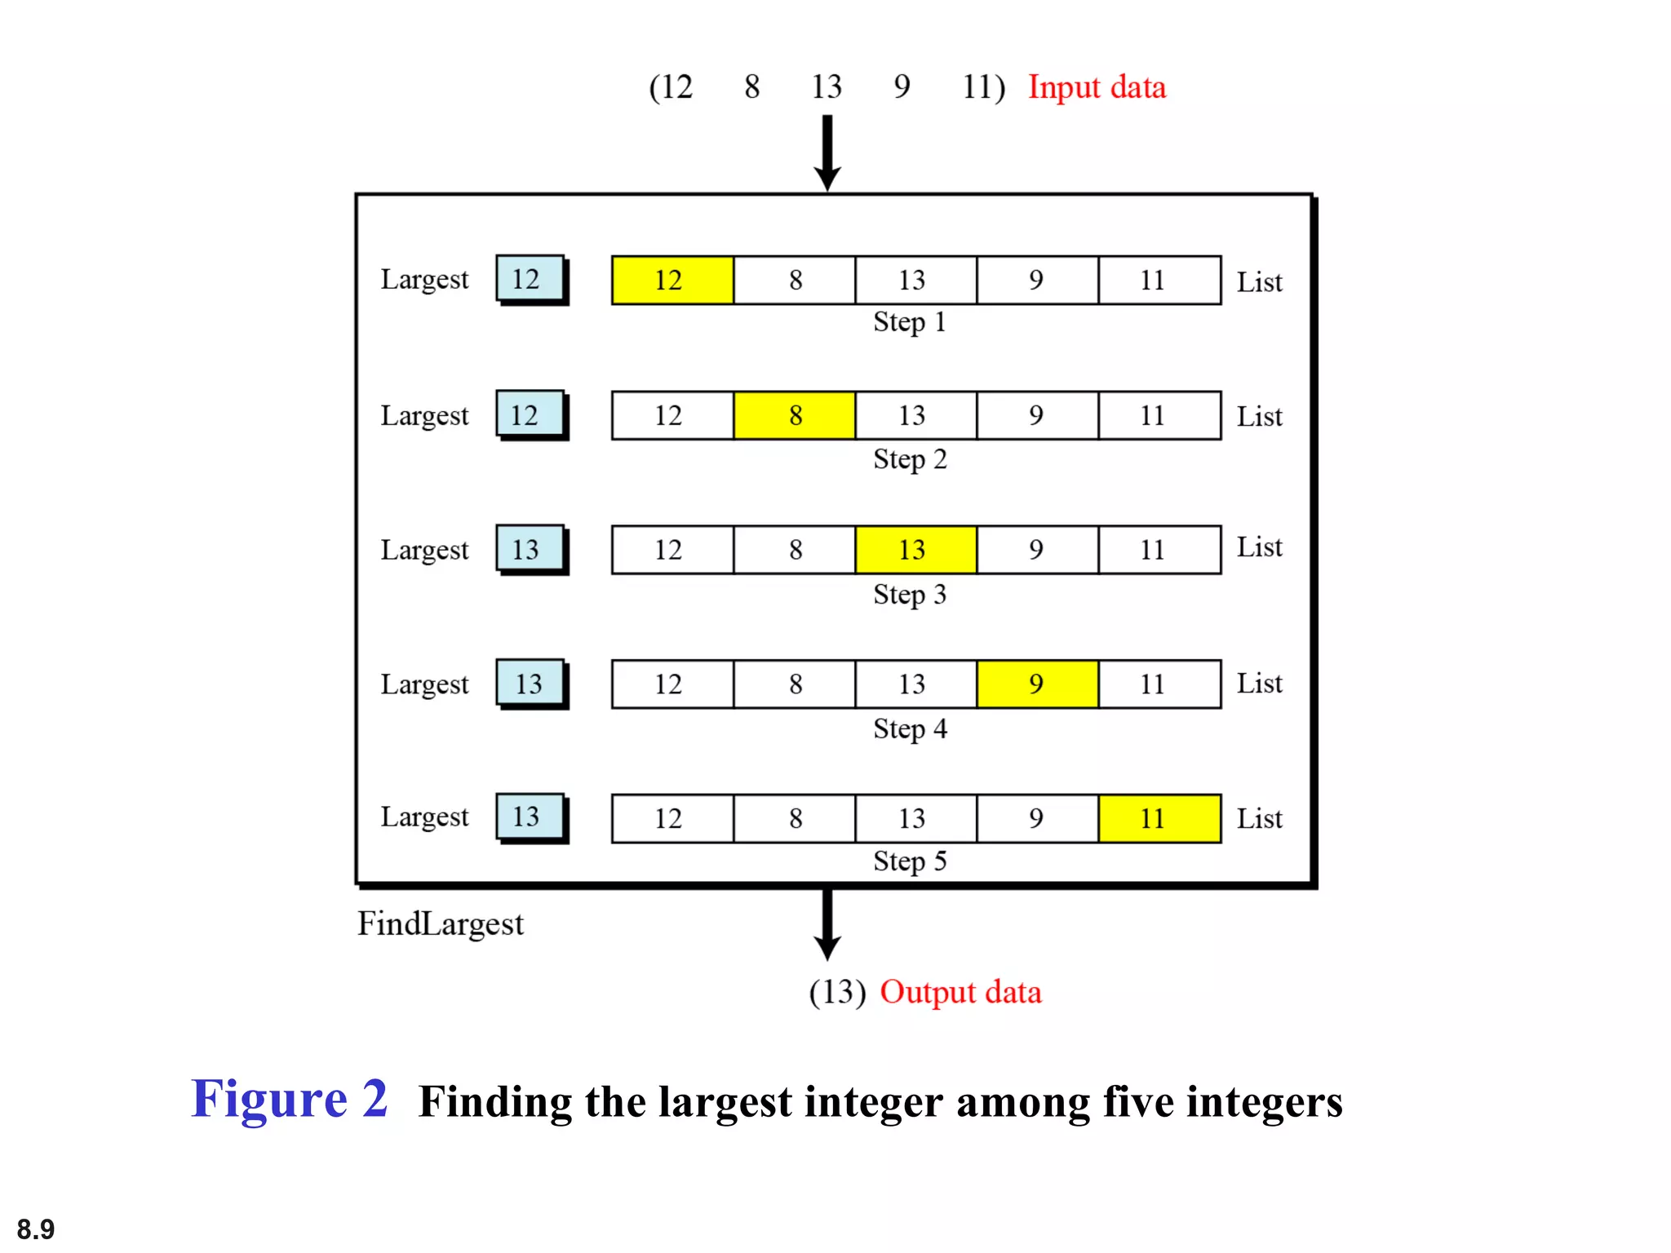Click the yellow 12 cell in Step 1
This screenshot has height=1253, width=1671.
(672, 281)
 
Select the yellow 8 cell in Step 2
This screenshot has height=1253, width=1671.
(795, 415)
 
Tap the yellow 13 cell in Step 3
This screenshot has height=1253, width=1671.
(915, 550)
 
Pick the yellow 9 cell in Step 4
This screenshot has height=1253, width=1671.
(1037, 684)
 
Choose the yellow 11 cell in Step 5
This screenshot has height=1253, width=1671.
(1159, 818)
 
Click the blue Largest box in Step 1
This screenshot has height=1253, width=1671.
(530, 279)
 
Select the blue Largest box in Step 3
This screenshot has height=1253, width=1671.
(530, 549)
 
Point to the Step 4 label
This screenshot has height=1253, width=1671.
(910, 728)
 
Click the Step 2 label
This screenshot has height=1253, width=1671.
(910, 459)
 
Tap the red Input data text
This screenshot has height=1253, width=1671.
(1097, 87)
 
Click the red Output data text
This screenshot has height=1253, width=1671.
(960, 992)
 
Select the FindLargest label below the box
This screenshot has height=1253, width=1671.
(441, 924)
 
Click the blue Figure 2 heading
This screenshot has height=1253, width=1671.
(290, 1099)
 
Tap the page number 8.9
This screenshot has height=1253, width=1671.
(36, 1229)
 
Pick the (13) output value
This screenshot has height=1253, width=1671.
(837, 992)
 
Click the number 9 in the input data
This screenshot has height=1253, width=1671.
(902, 86)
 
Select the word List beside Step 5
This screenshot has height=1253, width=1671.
(1259, 818)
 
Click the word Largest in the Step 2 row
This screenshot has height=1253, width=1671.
(424, 416)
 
